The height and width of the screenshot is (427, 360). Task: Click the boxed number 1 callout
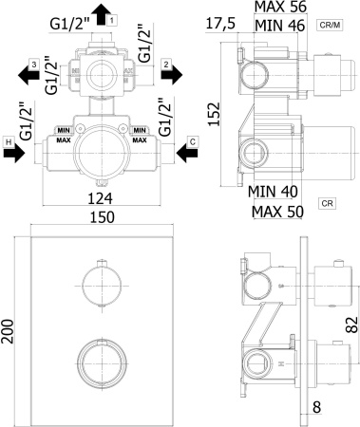click(x=112, y=19)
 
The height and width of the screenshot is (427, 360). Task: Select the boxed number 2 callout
click(x=165, y=64)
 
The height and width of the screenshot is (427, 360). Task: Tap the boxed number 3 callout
click(x=33, y=64)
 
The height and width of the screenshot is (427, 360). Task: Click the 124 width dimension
click(x=100, y=199)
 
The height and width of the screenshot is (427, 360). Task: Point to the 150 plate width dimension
click(x=100, y=217)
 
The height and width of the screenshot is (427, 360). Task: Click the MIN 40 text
click(x=277, y=191)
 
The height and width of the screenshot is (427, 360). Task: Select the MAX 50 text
click(x=277, y=210)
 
